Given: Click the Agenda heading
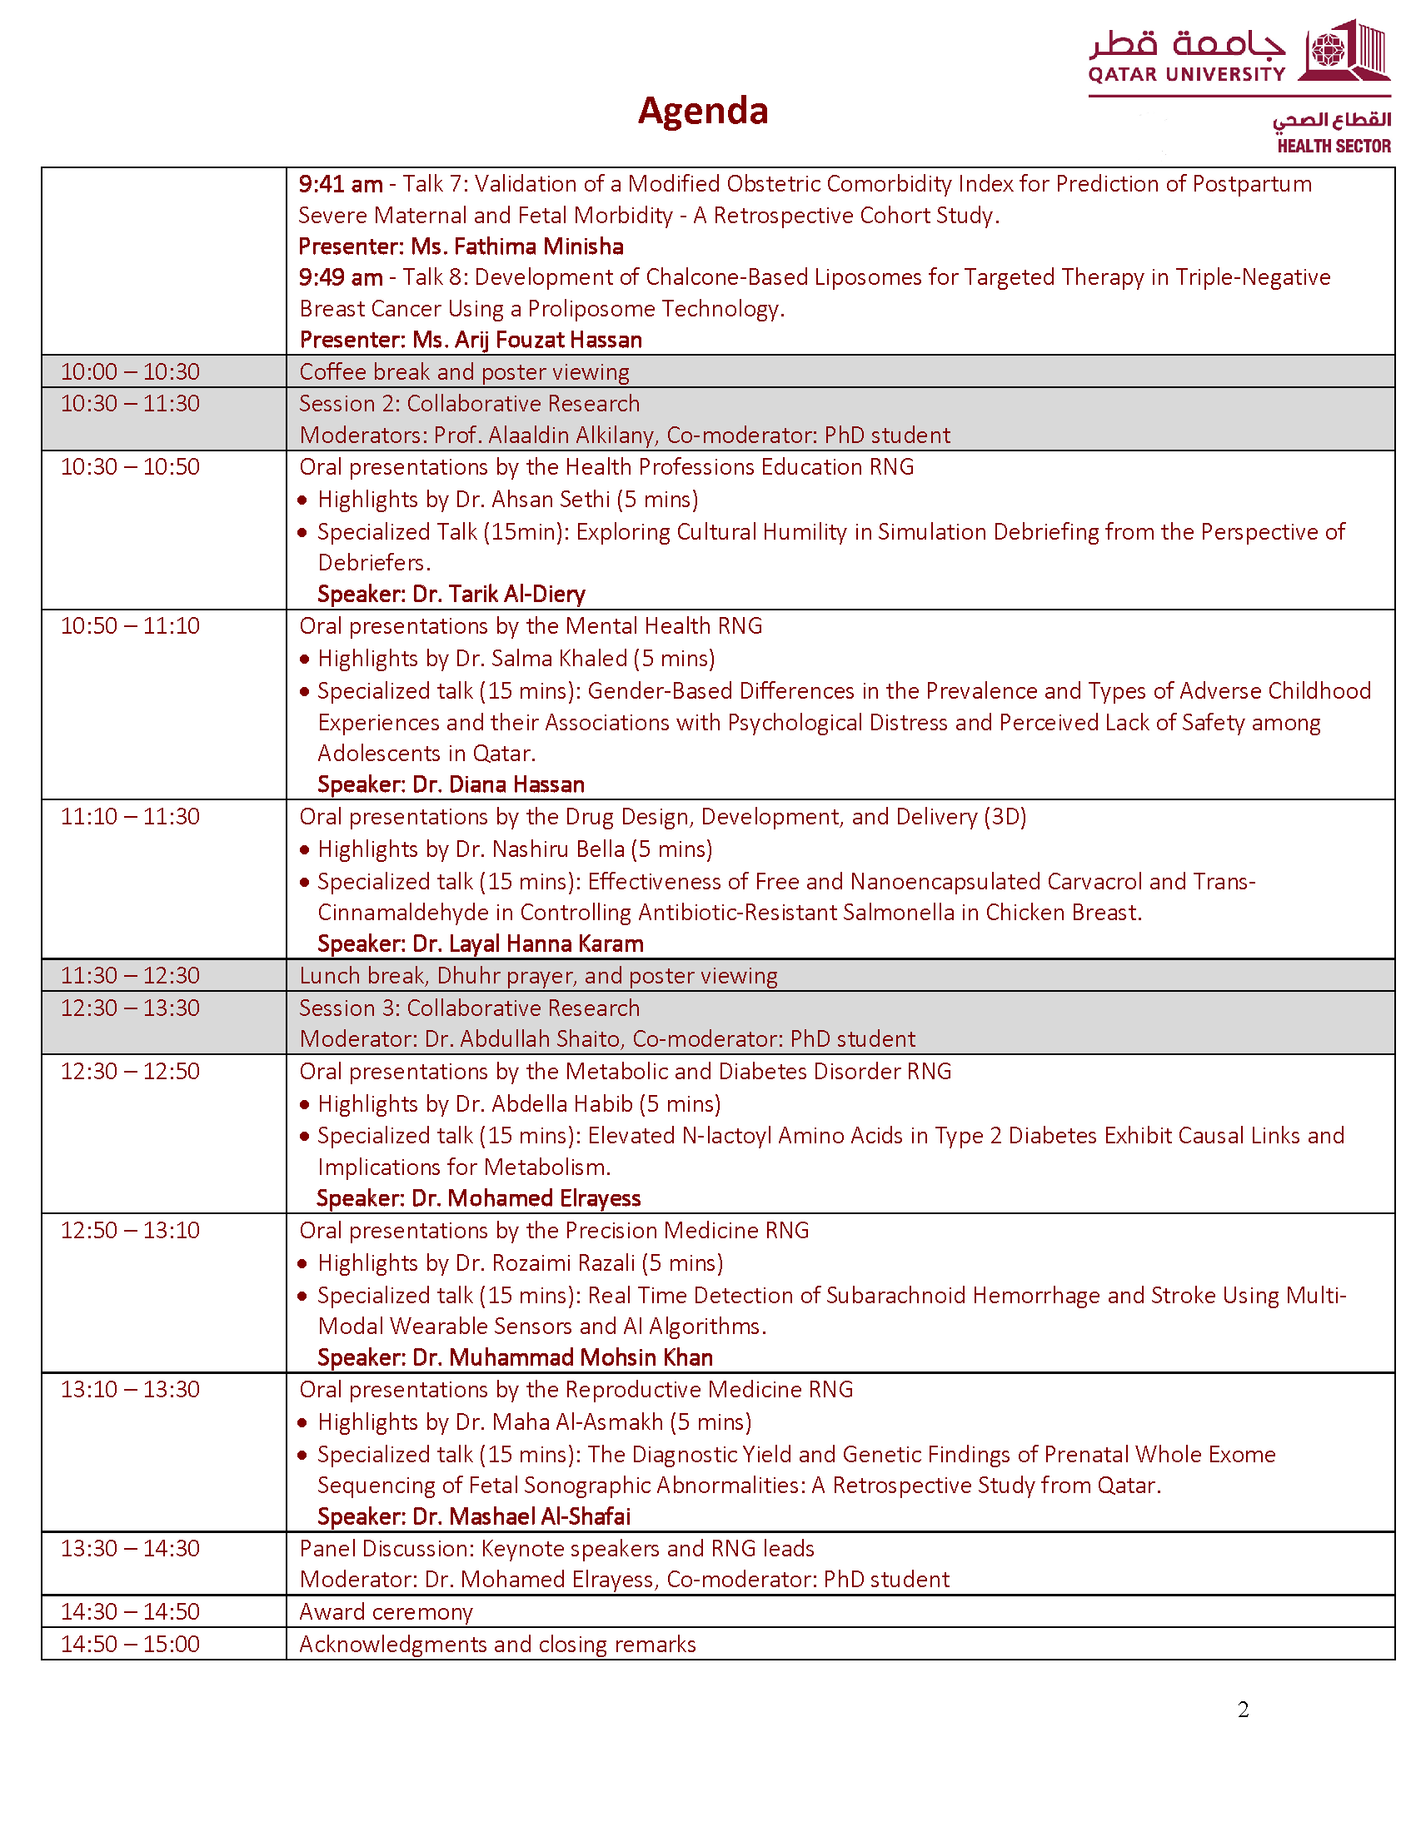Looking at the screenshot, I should [702, 111].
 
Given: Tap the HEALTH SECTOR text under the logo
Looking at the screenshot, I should [1333, 146].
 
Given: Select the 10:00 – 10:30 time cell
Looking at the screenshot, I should [130, 371].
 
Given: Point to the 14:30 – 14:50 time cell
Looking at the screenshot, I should [130, 1611].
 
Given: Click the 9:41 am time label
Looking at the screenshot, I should [341, 184].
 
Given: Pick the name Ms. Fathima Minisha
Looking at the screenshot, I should [516, 246].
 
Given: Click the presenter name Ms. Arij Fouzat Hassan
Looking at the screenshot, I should [526, 340].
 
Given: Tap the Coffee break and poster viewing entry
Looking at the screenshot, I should [464, 371].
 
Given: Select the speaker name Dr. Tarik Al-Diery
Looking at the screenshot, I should [498, 594].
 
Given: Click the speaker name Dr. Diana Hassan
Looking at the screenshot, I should [498, 784].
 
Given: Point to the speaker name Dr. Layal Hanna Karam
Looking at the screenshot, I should [527, 943].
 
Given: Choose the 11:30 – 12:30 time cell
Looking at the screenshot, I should [130, 976].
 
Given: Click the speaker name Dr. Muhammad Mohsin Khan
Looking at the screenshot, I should [562, 1357].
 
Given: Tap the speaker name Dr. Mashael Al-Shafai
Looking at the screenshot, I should [521, 1516].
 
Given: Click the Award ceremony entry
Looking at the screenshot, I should [386, 1611].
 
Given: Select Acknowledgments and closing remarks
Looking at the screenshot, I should [497, 1644].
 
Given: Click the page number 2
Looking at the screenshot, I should [1243, 1710].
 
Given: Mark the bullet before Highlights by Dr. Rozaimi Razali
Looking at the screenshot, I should [304, 1263].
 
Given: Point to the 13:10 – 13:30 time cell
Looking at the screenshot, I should [130, 1389].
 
